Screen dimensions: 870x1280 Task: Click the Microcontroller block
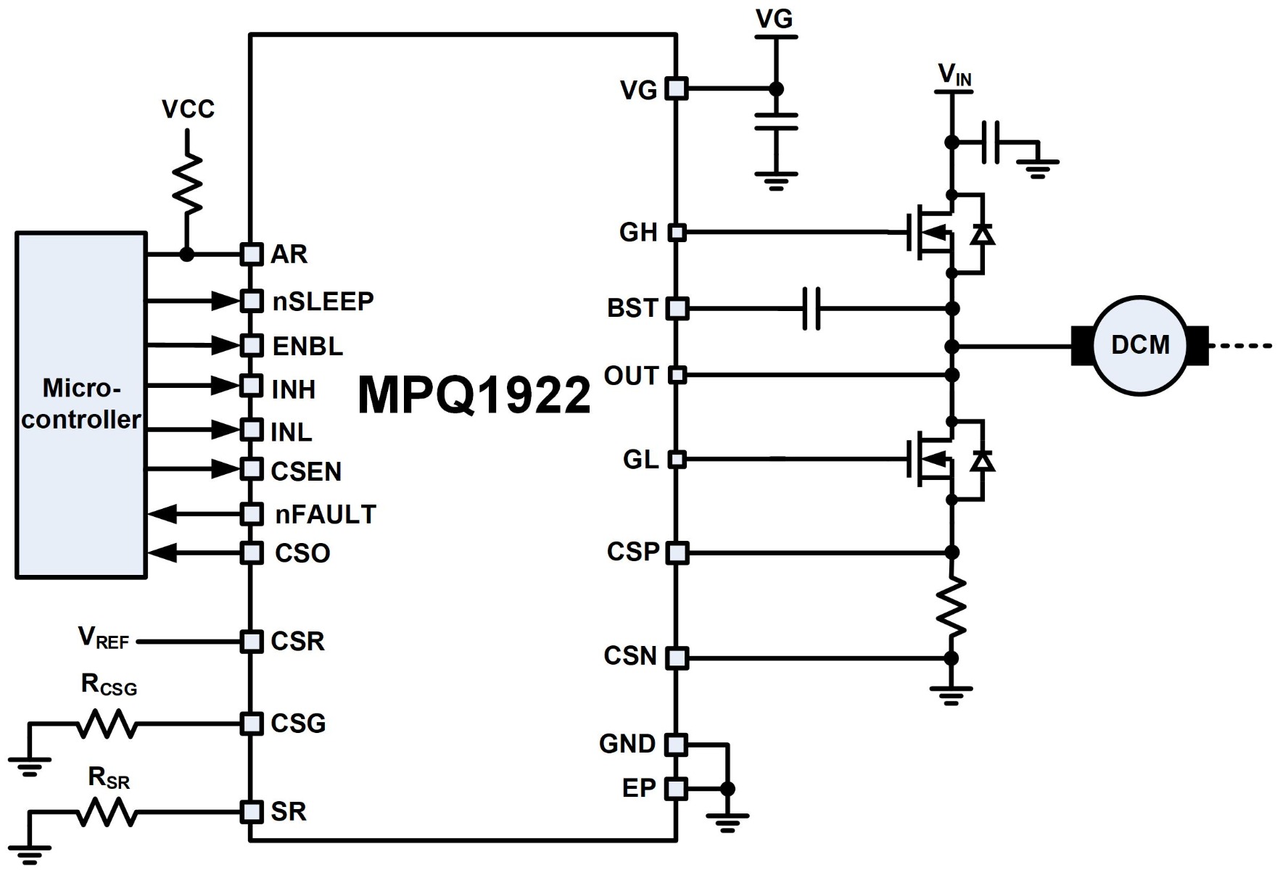click(80, 405)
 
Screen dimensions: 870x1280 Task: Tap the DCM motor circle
click(1139, 345)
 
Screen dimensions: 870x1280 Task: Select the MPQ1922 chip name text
click(474, 395)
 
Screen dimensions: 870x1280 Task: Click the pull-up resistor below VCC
click(187, 183)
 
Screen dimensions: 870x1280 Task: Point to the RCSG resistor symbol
click(107, 724)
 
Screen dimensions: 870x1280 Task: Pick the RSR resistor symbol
click(107, 811)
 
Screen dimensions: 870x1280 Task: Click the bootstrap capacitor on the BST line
click(812, 308)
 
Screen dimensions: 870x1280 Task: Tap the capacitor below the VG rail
click(775, 121)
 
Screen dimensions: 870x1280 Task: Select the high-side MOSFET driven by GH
click(936, 233)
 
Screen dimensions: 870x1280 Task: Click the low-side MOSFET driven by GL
click(936, 460)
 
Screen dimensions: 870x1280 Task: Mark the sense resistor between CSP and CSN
click(951, 606)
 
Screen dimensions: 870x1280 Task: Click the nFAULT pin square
click(252, 514)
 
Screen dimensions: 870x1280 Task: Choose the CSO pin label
click(302, 553)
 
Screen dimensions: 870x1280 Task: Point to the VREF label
click(103, 637)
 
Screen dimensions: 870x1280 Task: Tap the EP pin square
click(676, 788)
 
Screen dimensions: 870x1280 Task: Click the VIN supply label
click(954, 75)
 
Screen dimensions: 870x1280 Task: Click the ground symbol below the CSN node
click(951, 694)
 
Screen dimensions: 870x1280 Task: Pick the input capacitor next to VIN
click(991, 142)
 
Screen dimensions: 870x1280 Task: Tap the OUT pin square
click(676, 375)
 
